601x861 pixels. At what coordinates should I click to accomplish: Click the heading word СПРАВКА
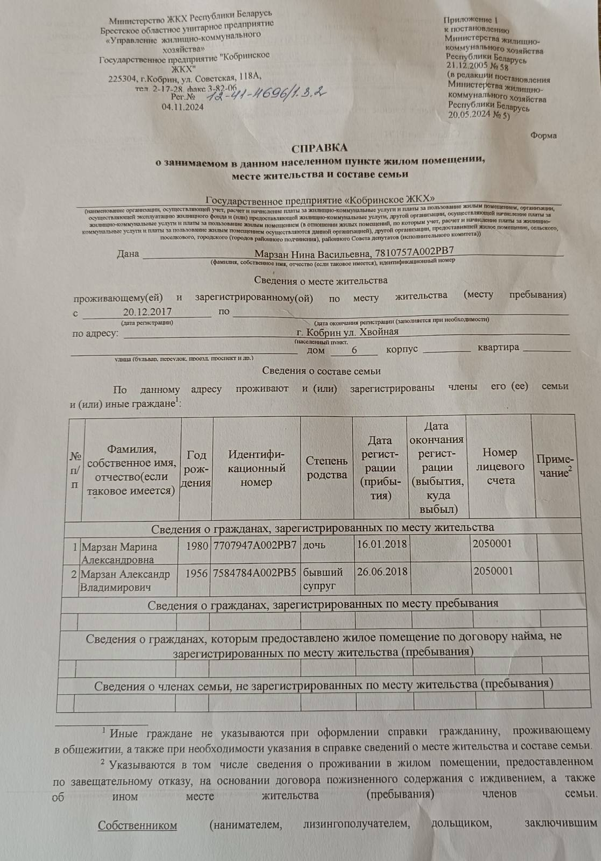coord(319,147)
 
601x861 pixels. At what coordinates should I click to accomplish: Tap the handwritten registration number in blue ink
coord(268,95)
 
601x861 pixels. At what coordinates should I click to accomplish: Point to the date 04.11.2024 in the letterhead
coord(183,107)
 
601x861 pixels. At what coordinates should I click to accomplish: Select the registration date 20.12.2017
coord(147,312)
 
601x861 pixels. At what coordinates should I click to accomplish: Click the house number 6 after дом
coord(354,349)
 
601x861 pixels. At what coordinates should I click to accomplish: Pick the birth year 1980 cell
coord(197,546)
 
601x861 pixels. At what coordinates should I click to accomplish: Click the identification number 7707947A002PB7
coord(255,545)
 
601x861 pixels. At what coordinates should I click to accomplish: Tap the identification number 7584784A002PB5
coord(255,573)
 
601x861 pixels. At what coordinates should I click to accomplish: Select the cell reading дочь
coord(314,545)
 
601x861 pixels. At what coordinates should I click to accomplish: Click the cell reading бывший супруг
coord(323,578)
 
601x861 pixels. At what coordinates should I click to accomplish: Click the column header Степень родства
coord(326,467)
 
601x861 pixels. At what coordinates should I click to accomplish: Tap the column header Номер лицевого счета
coord(500,466)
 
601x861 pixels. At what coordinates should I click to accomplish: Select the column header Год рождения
coord(196,469)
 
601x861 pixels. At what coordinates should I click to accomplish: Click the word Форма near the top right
coord(543,135)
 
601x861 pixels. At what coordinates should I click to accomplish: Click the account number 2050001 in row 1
coord(492,543)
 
